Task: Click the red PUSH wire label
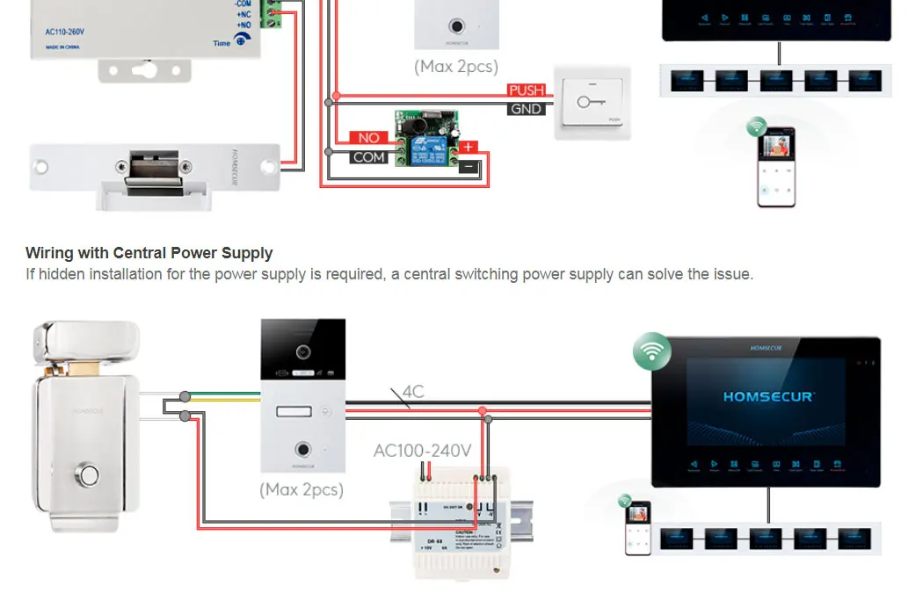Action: pyautogui.click(x=527, y=90)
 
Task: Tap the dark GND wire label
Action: pyautogui.click(x=527, y=109)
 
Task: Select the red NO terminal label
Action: pyautogui.click(x=369, y=138)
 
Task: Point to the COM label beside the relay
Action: pyautogui.click(x=369, y=157)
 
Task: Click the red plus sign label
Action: pyautogui.click(x=469, y=148)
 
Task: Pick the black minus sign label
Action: pyautogui.click(x=469, y=165)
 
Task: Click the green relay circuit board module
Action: pyautogui.click(x=426, y=138)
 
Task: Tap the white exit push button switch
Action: pyautogui.click(x=592, y=103)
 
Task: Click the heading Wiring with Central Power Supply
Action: pyautogui.click(x=149, y=253)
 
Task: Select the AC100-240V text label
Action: pyautogui.click(x=422, y=451)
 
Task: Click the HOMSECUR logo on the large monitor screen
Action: pyautogui.click(x=767, y=396)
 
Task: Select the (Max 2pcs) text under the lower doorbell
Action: pyautogui.click(x=302, y=489)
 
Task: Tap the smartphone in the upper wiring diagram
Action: pyautogui.click(x=776, y=166)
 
